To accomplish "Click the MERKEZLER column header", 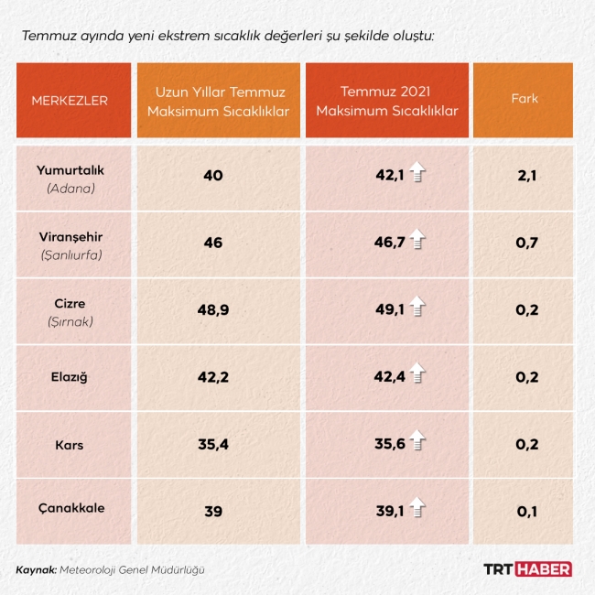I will click(70, 100).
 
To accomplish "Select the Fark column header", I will click(524, 99).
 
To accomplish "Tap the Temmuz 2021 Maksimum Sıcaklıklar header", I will click(385, 100).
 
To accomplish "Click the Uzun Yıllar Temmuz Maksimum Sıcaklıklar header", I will click(219, 100).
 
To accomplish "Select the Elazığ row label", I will click(70, 376).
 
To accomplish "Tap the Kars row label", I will click(70, 445).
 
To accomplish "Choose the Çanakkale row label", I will click(70, 512).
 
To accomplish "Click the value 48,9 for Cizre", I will click(213, 309).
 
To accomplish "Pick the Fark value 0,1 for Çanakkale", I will click(526, 512).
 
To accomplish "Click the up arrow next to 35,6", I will click(417, 443).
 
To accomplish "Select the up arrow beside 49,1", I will click(417, 308).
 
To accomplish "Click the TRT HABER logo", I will click(527, 569).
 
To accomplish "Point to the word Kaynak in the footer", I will click(36, 569).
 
